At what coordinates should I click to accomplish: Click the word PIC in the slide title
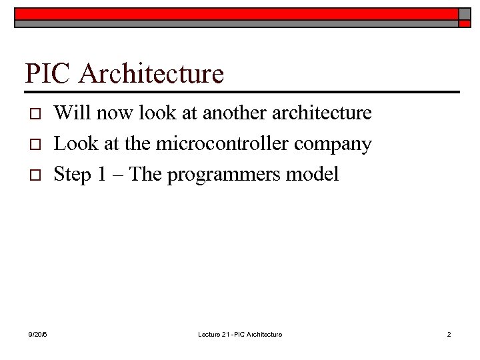click(x=47, y=73)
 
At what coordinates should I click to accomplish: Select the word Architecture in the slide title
click(x=151, y=73)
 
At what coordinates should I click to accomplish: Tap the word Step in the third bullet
click(x=71, y=175)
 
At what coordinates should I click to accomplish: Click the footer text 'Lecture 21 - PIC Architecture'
click(x=240, y=334)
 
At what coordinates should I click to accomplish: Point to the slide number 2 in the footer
click(x=449, y=334)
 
